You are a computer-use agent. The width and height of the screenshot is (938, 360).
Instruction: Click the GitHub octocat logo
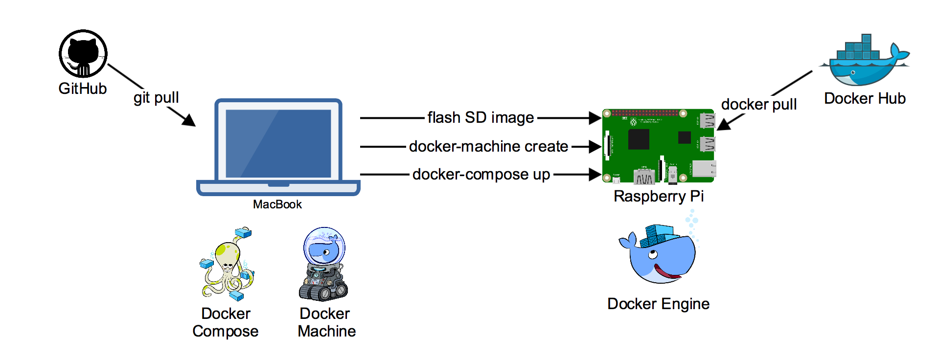pyautogui.click(x=83, y=53)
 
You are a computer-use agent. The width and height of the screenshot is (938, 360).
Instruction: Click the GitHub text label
pyautogui.click(x=83, y=89)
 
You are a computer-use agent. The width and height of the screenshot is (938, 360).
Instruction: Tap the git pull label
pyautogui.click(x=156, y=98)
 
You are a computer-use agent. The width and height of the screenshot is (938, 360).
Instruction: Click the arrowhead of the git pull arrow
pyautogui.click(x=190, y=121)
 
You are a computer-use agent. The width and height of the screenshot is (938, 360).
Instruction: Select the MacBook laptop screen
pyautogui.click(x=278, y=143)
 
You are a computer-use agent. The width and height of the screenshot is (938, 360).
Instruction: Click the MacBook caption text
pyautogui.click(x=277, y=204)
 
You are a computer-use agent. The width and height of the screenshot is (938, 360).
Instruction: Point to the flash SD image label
pyautogui.click(x=480, y=118)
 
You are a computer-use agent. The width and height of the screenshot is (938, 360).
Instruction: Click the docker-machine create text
pyautogui.click(x=488, y=146)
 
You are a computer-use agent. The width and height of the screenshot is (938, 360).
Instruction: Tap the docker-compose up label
pyautogui.click(x=481, y=175)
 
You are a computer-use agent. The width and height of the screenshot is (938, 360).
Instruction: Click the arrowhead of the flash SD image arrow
pyautogui.click(x=595, y=118)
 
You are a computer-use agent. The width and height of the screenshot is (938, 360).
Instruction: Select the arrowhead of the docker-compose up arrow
pyautogui.click(x=595, y=175)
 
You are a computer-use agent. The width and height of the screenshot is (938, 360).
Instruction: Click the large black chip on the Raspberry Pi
pyautogui.click(x=639, y=139)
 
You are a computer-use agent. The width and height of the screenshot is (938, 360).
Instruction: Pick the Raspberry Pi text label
pyautogui.click(x=659, y=196)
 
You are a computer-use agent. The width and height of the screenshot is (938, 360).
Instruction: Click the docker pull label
pyautogui.click(x=758, y=104)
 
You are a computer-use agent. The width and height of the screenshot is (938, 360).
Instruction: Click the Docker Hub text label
pyautogui.click(x=865, y=98)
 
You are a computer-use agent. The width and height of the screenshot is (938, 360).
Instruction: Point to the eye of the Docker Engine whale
pyautogui.click(x=653, y=255)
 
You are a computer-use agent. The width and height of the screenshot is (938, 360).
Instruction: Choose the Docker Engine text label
pyautogui.click(x=658, y=304)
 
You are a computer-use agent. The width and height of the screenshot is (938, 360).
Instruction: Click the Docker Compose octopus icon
pyautogui.click(x=227, y=264)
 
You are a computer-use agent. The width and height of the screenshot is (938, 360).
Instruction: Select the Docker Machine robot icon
pyautogui.click(x=324, y=264)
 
